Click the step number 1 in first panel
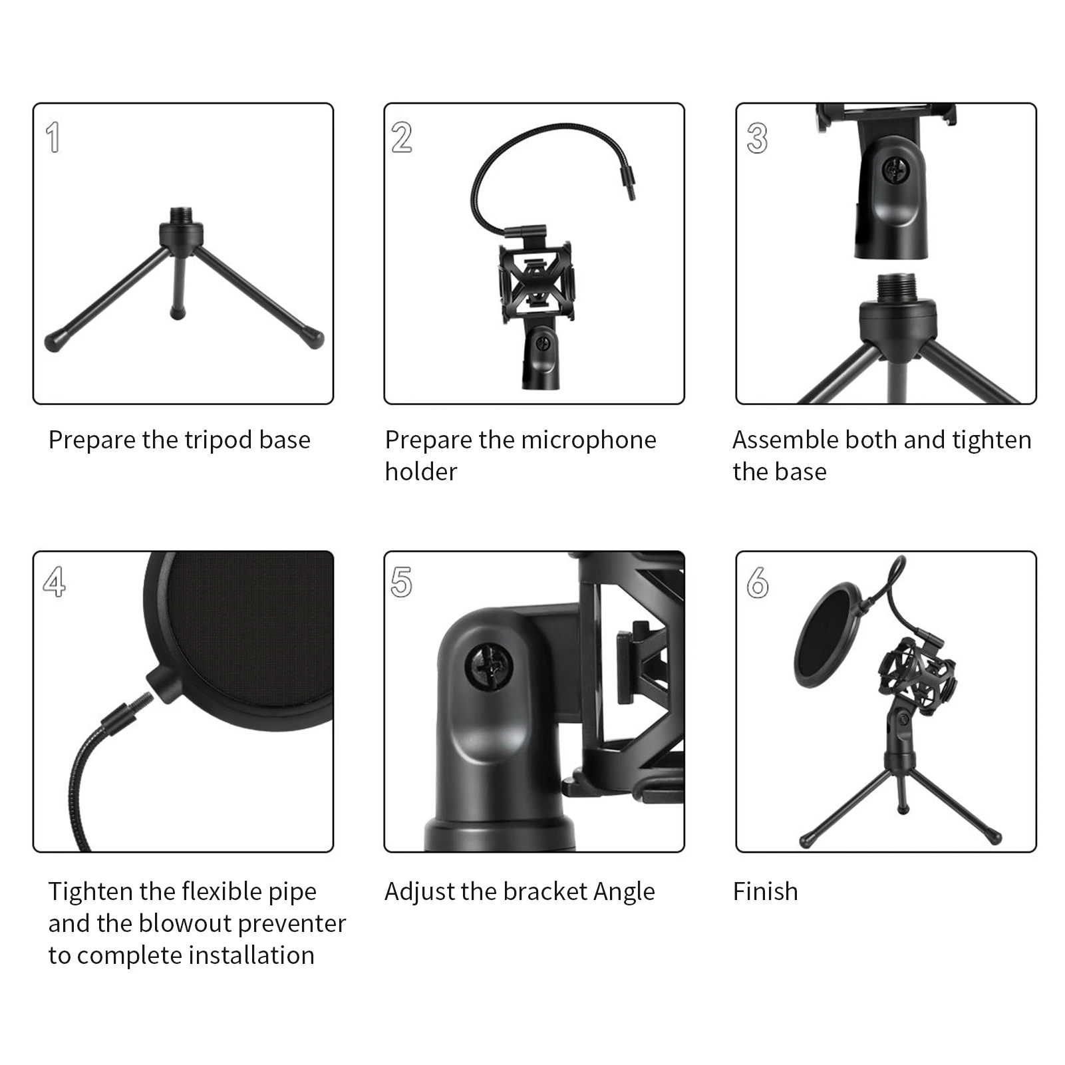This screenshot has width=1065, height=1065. point(53,138)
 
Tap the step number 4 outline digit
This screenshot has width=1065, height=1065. point(55,581)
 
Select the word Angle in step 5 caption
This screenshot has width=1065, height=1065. point(624,891)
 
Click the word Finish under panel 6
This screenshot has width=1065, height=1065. point(765,891)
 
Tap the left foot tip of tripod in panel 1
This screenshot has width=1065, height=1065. point(53,343)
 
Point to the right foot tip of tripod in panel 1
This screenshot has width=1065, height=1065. point(316,340)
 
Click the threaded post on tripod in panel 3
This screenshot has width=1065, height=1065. point(897,287)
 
